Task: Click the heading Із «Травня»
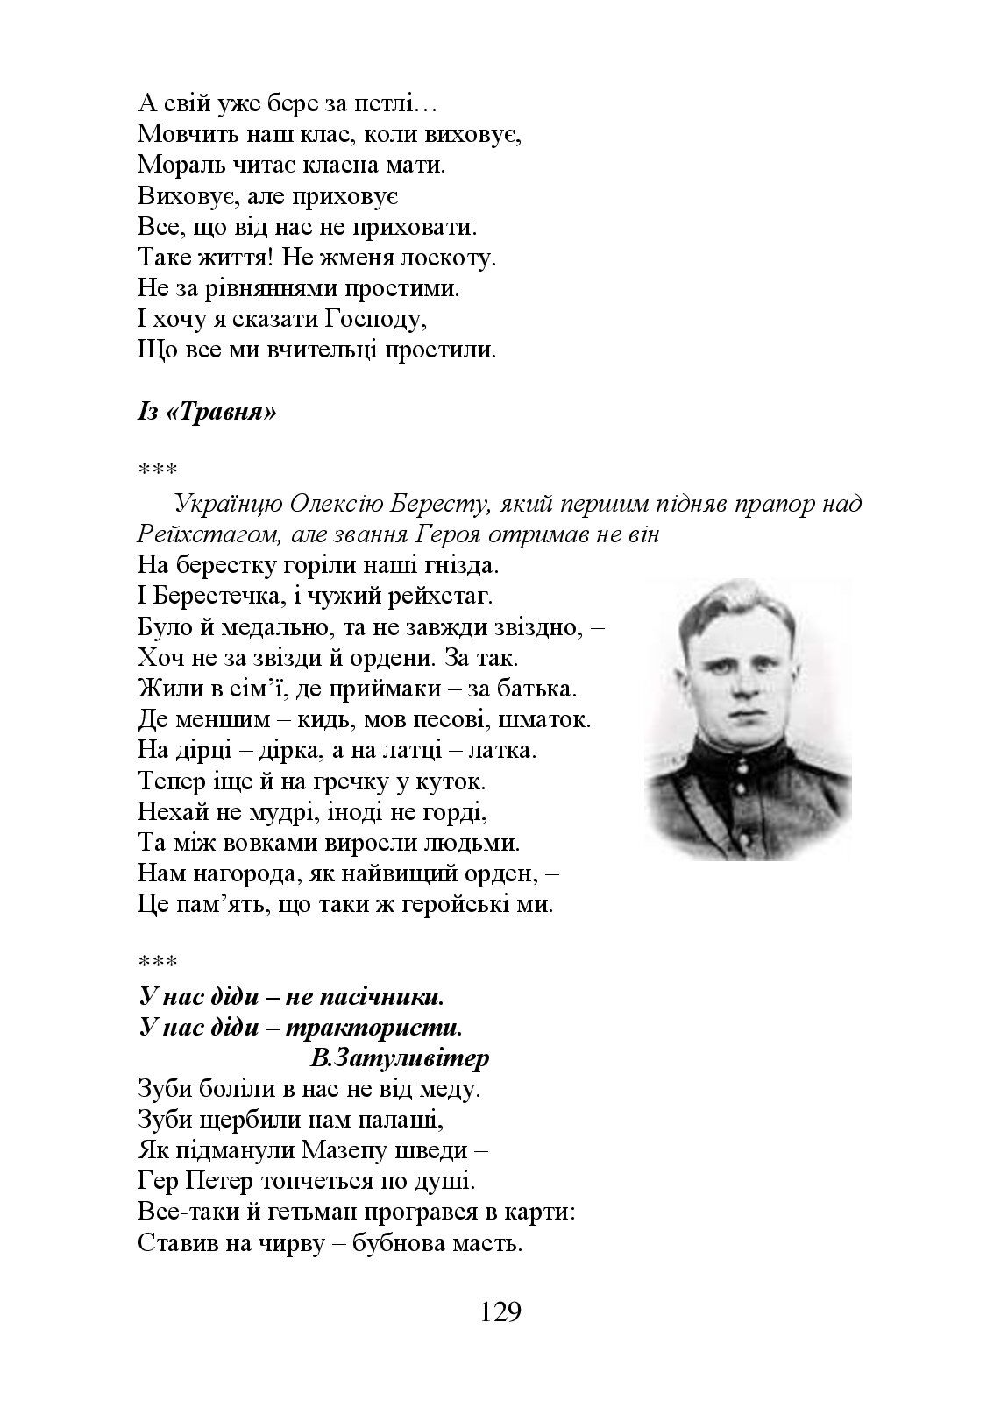(x=207, y=411)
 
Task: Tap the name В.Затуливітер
(x=400, y=1058)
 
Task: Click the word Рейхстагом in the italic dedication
(x=187, y=534)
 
